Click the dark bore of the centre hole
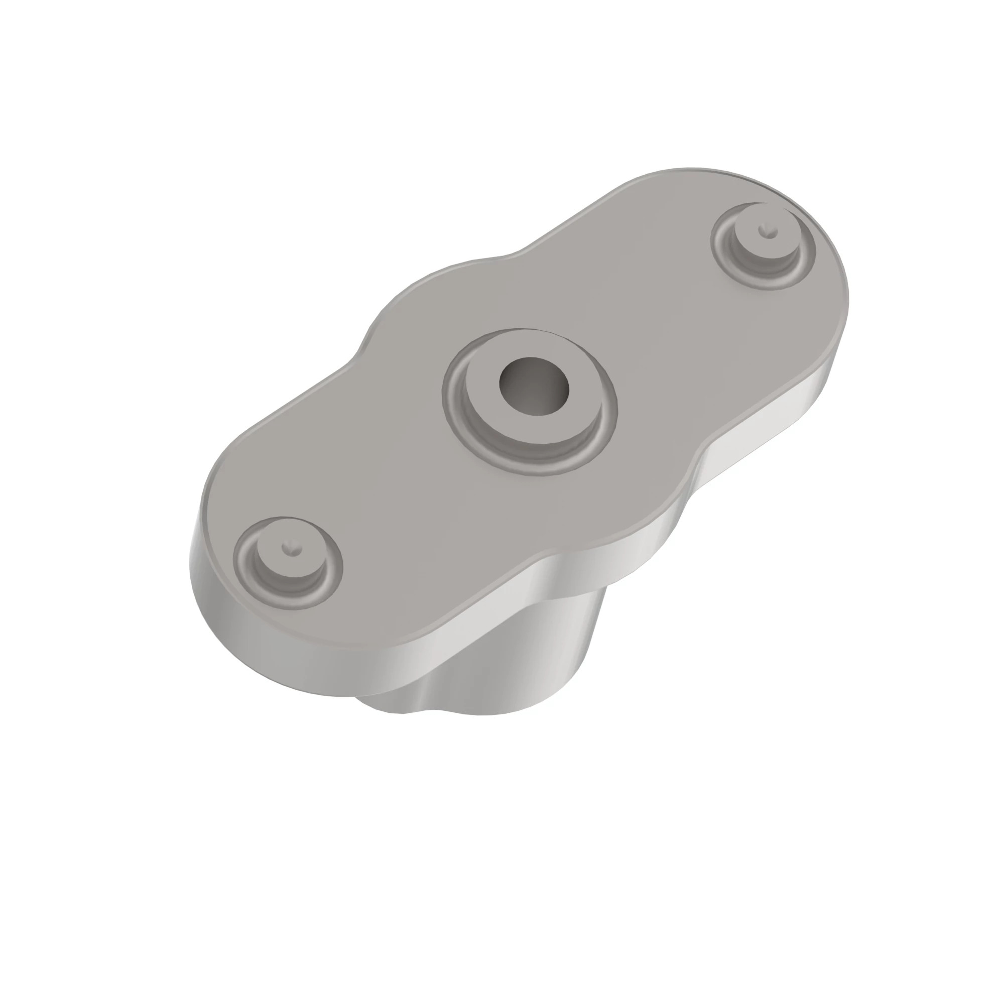tap(534, 386)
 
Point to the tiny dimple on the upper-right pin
tap(763, 229)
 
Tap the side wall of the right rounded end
tap(811, 405)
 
